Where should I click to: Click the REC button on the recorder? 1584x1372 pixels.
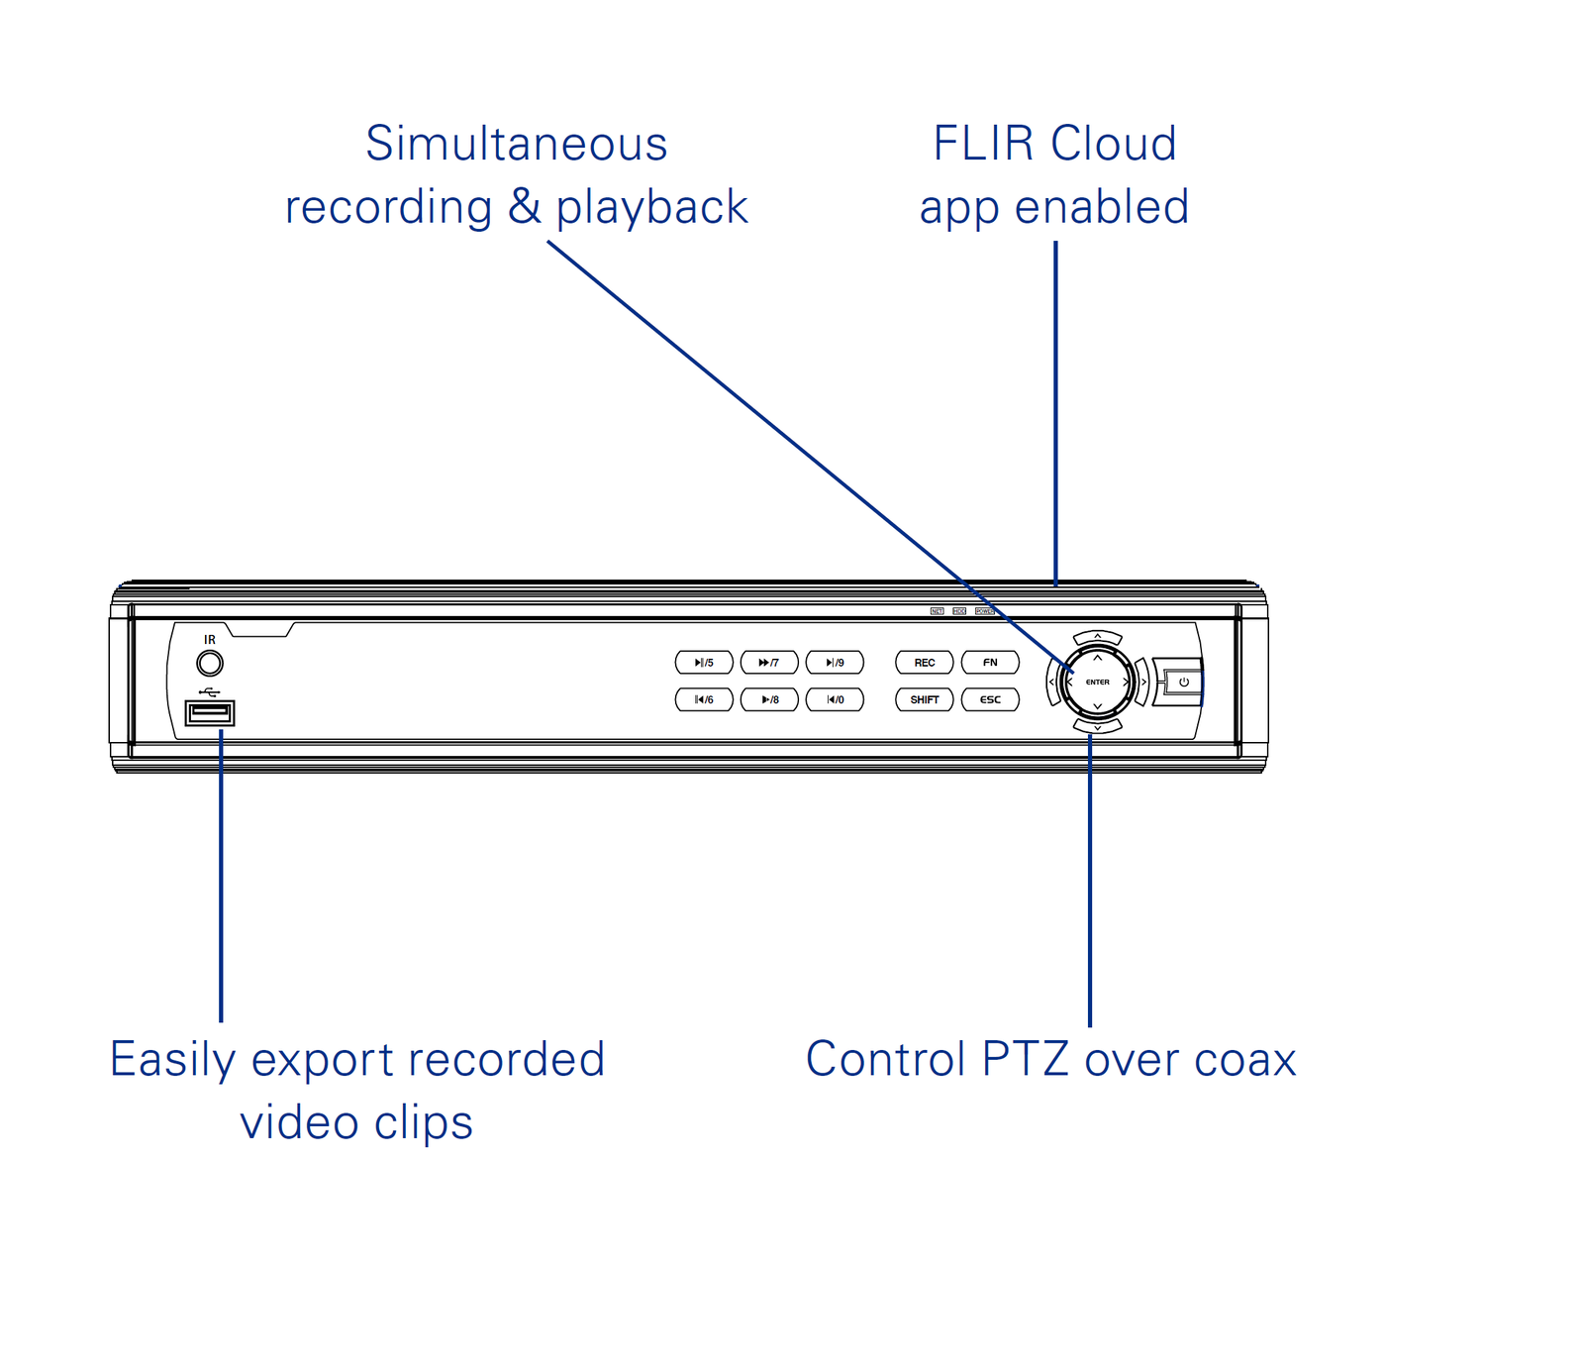tap(924, 663)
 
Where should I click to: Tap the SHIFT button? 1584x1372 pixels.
tap(924, 699)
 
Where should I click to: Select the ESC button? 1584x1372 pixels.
tap(990, 699)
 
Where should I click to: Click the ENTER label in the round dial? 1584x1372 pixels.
tap(1097, 682)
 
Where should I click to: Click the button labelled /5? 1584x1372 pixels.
tap(704, 663)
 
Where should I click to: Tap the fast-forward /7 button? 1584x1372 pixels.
tap(769, 663)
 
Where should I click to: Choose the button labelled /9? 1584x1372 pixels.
tap(835, 663)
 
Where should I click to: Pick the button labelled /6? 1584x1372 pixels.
tap(704, 699)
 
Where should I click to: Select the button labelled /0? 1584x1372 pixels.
tap(835, 699)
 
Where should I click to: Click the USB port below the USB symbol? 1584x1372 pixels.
tap(209, 712)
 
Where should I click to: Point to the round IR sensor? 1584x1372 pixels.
tap(210, 663)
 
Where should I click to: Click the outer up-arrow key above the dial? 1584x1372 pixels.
tap(1097, 637)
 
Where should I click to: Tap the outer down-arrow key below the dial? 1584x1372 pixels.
tap(1097, 727)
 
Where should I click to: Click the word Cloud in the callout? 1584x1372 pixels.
tap(1113, 144)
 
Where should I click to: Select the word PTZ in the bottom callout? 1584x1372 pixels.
tap(1025, 1059)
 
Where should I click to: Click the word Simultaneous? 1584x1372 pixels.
tap(516, 144)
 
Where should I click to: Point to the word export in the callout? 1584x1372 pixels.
tap(322, 1059)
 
